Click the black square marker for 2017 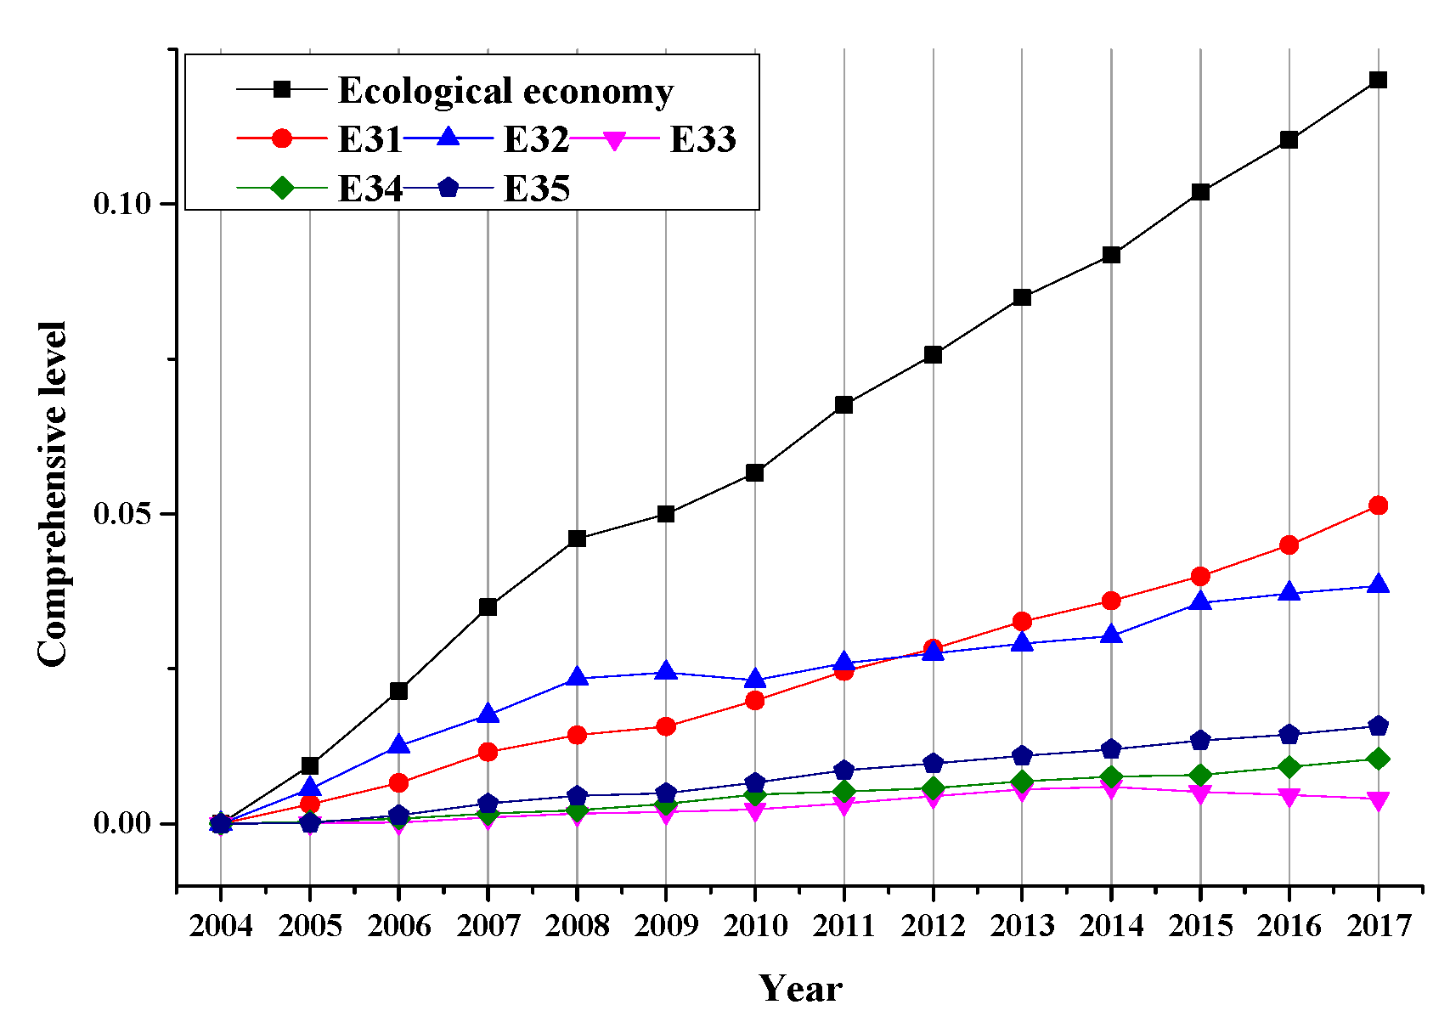(1378, 80)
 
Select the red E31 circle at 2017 (1378, 505)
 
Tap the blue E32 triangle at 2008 (577, 677)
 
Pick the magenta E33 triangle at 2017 (1378, 799)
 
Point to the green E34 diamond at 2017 (1378, 759)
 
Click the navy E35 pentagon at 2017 (1378, 725)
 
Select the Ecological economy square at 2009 (666, 514)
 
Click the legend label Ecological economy (505, 91)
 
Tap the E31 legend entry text (369, 139)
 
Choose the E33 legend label (702, 139)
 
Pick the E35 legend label (536, 189)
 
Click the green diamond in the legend (282, 188)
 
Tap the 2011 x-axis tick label (843, 925)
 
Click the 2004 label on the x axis (221, 925)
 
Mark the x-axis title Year (800, 989)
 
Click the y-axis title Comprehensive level (53, 494)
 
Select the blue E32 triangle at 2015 (1200, 601)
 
